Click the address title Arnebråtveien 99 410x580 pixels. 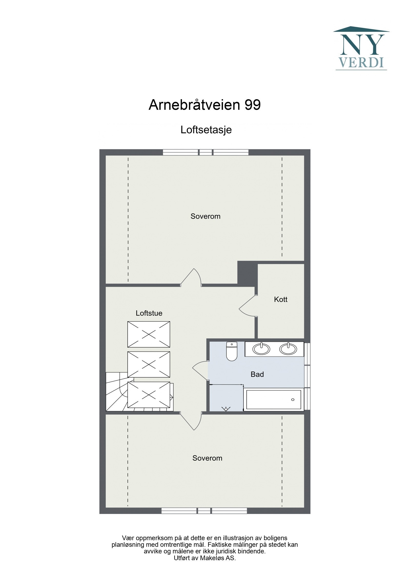coord(204,105)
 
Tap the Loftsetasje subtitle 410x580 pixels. coord(206,130)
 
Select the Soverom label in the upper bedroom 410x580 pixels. coord(205,216)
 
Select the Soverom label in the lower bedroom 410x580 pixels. coord(207,458)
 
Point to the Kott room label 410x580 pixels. coord(281,299)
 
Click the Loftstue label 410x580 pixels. coord(149,313)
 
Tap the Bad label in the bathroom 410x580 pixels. coord(257,374)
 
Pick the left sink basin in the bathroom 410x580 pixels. coord(261,349)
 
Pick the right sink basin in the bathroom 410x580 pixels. coord(288,349)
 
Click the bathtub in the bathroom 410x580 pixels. coord(274,400)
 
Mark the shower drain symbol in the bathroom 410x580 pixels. coord(226,408)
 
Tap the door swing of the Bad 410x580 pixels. coord(200,369)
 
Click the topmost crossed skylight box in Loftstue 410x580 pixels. coord(149,334)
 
